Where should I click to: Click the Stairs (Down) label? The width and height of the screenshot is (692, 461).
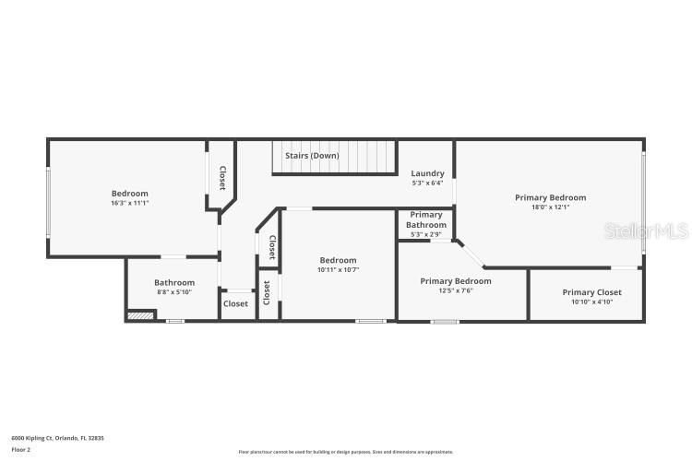pyautogui.click(x=312, y=156)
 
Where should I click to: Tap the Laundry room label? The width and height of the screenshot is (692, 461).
pyautogui.click(x=427, y=173)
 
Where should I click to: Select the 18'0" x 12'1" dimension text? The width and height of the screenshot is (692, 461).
pyautogui.click(x=550, y=207)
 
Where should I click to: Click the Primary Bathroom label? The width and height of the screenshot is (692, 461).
pyautogui.click(x=426, y=219)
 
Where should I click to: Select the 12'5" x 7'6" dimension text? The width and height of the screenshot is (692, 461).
pyautogui.click(x=455, y=290)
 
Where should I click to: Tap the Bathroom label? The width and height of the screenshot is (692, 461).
pyautogui.click(x=174, y=282)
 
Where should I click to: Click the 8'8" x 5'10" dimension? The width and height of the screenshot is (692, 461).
pyautogui.click(x=174, y=292)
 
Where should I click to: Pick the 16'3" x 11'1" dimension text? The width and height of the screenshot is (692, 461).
pyautogui.click(x=130, y=203)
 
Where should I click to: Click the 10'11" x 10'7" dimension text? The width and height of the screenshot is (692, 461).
pyautogui.click(x=338, y=270)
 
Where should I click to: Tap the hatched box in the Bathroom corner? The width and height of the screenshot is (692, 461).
pyautogui.click(x=139, y=315)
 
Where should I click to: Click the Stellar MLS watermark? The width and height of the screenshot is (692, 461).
pyautogui.click(x=646, y=230)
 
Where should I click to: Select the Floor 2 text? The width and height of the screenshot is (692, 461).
pyautogui.click(x=20, y=449)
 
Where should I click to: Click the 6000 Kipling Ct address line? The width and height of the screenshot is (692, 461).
pyautogui.click(x=57, y=438)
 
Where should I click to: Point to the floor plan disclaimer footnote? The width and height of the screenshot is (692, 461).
pyautogui.click(x=345, y=452)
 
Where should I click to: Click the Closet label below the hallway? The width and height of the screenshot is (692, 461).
pyautogui.click(x=235, y=303)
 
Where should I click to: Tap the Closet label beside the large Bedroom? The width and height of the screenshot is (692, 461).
pyautogui.click(x=222, y=177)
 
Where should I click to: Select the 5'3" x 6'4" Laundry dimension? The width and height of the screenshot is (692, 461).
pyautogui.click(x=427, y=183)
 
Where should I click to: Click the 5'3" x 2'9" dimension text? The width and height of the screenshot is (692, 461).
pyautogui.click(x=426, y=234)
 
